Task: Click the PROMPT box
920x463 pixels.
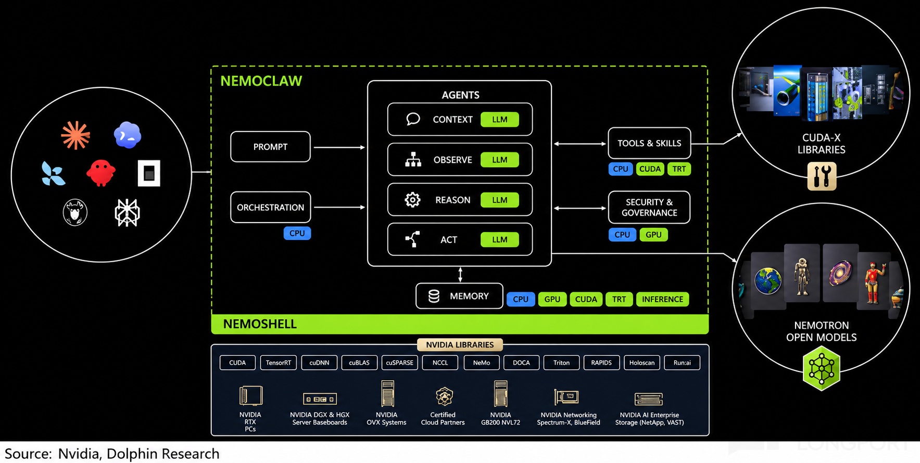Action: [x=270, y=147]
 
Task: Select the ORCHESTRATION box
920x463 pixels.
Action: [x=270, y=207]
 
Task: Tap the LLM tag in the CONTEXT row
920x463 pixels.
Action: [x=499, y=119]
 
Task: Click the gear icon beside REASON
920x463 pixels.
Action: [x=412, y=200]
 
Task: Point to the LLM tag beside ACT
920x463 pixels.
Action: [x=499, y=239]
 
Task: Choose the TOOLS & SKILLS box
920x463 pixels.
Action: [x=649, y=143]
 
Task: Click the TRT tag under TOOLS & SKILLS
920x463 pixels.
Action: [x=679, y=169]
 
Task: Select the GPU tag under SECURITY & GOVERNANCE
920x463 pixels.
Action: [x=653, y=235]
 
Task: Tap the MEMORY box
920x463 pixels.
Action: [x=459, y=296]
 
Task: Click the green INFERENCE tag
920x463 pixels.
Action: [x=662, y=299]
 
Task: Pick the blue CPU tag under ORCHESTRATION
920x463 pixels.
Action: [x=297, y=233]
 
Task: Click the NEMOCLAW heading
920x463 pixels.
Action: [x=261, y=81]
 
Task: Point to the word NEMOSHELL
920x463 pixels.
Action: [x=260, y=324]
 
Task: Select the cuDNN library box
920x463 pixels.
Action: [x=319, y=363]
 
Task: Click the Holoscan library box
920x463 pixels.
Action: [x=642, y=363]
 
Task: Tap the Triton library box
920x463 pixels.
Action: [x=561, y=363]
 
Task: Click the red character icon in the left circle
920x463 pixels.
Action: [x=100, y=173]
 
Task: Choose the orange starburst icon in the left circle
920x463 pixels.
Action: [x=75, y=135]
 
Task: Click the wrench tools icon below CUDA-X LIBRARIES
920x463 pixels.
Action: [x=822, y=176]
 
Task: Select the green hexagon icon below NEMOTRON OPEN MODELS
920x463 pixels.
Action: [x=822, y=368]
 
